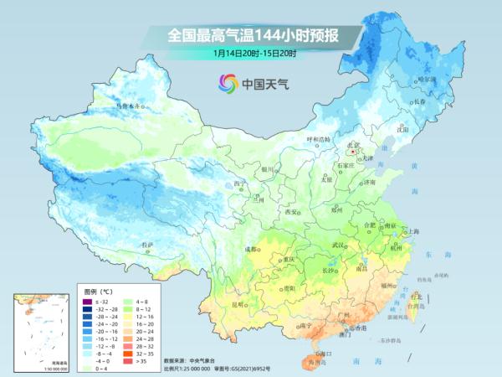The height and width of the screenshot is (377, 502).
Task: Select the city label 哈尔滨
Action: coord(428,79)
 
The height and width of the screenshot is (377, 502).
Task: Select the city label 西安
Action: coord(292,213)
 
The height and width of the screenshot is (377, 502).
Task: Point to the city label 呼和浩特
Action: coord(318,138)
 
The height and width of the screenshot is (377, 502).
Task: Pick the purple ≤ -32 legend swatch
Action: coord(87,301)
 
